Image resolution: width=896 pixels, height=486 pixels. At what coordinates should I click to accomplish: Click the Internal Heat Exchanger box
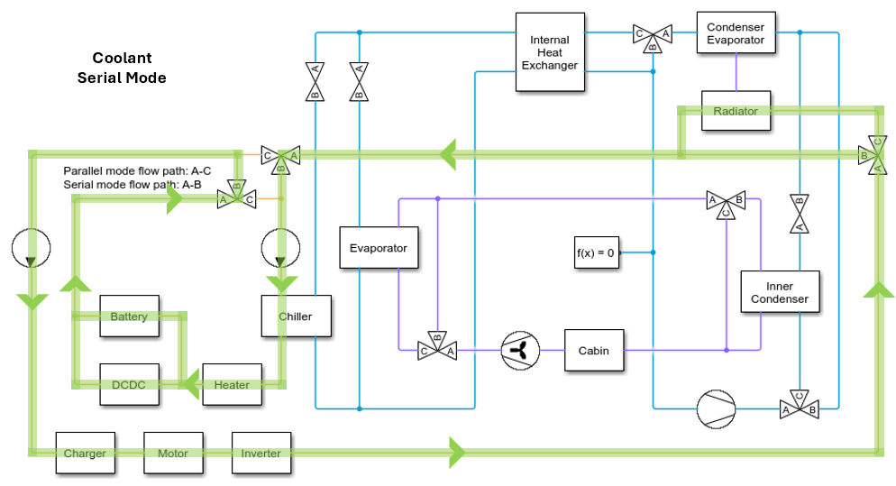(549, 51)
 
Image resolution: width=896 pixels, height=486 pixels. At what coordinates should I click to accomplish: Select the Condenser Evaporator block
(736, 34)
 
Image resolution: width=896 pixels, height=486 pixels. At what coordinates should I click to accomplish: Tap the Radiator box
(736, 111)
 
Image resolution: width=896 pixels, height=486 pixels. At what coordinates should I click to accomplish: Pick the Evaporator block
(379, 248)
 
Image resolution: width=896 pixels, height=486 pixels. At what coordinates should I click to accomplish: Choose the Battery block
(129, 316)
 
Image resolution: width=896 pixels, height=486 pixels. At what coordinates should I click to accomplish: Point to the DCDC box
(129, 385)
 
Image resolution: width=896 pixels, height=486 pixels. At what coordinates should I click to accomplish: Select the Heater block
(232, 385)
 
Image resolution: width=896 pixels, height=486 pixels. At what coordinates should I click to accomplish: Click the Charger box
(85, 454)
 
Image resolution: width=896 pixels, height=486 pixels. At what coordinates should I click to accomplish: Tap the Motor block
(173, 454)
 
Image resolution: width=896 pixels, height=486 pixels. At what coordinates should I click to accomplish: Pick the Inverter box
(261, 454)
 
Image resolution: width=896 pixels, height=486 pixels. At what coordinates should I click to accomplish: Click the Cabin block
(593, 351)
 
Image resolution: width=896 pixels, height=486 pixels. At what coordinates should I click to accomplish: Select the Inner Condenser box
(780, 292)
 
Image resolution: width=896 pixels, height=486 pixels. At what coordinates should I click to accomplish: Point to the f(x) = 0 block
(595, 252)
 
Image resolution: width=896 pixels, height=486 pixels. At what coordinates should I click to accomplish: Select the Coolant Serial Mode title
(122, 69)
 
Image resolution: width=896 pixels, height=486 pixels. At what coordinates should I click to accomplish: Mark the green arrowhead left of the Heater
(190, 385)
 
